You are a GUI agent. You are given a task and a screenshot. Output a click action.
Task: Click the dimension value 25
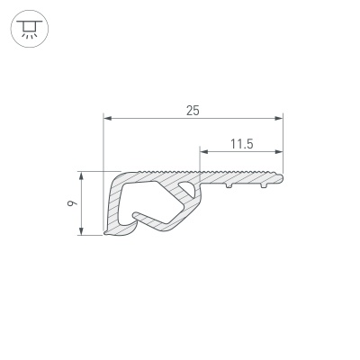pos(193,111)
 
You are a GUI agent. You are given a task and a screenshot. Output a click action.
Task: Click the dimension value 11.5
pos(242,144)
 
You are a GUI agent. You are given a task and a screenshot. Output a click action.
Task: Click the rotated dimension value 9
pos(72,204)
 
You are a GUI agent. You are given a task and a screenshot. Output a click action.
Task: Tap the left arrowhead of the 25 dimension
pos(107,119)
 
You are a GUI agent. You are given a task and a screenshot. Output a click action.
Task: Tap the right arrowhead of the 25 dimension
pos(279,119)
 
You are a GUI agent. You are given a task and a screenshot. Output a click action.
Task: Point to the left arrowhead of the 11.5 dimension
pos(204,152)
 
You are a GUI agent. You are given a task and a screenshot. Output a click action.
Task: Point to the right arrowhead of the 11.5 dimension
pos(279,152)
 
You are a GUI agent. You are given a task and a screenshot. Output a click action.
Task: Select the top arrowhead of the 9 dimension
pos(81,176)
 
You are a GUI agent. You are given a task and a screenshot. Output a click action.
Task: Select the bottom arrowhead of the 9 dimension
pos(81,231)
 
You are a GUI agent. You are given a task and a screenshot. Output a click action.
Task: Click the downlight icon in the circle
pos(30,29)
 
